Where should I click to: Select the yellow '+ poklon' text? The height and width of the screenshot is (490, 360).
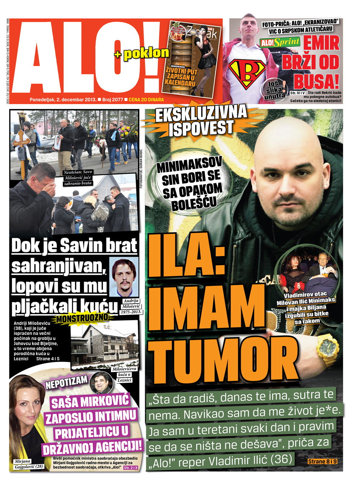[142, 54]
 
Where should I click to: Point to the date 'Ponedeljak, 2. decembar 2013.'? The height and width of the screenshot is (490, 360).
[63, 100]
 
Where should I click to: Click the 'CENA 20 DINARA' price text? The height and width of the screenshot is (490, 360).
[146, 100]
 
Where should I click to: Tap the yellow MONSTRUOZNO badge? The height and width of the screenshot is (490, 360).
[82, 318]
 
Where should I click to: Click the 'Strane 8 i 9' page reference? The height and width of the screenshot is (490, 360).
[323, 461]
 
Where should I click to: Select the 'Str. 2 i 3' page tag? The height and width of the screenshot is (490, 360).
[131, 468]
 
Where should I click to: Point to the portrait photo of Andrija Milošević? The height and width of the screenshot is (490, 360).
[123, 277]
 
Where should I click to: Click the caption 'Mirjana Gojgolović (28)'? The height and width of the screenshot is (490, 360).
[28, 464]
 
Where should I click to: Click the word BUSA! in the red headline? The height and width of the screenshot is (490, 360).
[316, 81]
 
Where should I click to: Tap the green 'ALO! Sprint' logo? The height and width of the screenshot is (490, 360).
[280, 42]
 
